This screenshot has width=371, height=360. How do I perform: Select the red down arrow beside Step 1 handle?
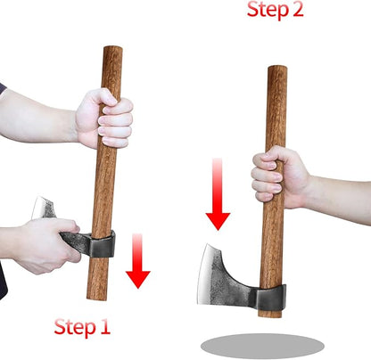[137, 262]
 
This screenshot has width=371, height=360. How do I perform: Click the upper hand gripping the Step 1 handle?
[105, 119]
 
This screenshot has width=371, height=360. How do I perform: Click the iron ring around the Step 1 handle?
[103, 243]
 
